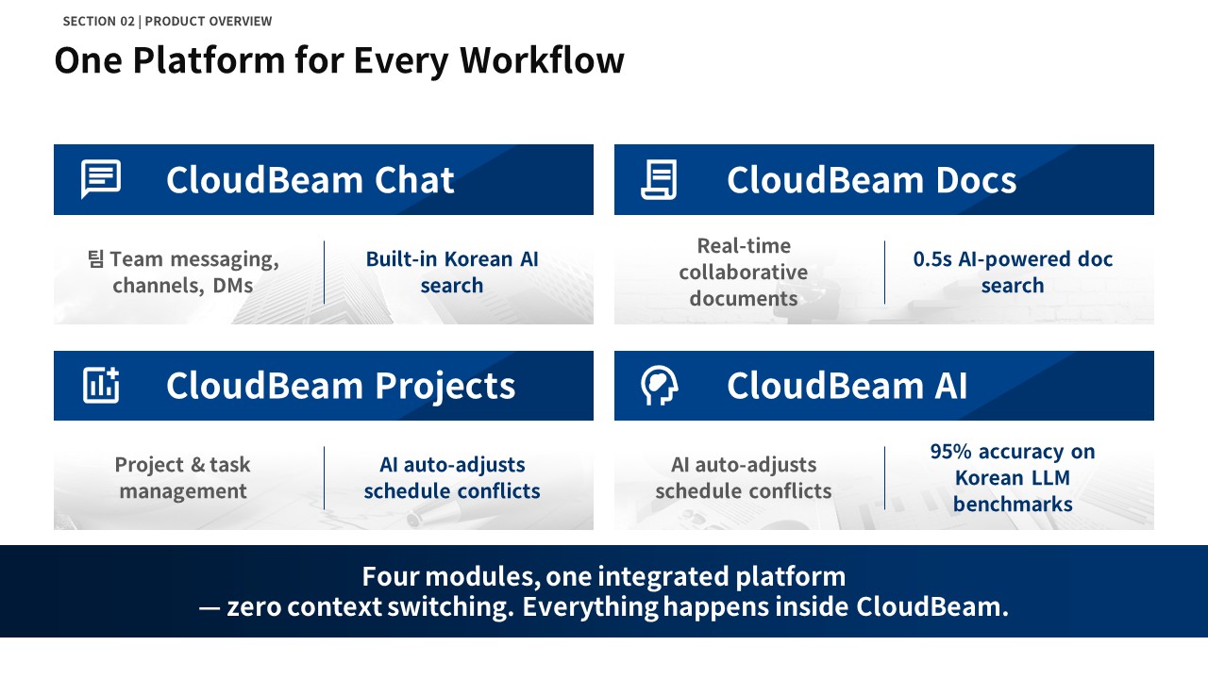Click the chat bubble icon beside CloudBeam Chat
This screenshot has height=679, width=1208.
tap(101, 179)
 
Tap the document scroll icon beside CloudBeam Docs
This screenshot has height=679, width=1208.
tap(659, 179)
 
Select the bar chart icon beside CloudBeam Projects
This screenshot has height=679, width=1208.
tap(101, 386)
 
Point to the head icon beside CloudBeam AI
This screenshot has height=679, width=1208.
tap(659, 386)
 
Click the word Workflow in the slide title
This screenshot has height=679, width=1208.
tap(542, 59)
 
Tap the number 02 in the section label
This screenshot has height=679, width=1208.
tap(127, 21)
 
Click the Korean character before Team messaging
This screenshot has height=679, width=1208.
tap(95, 258)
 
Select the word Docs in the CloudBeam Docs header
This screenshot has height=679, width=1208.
tap(976, 179)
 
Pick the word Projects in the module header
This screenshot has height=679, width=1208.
tap(445, 387)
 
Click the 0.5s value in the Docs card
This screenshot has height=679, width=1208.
tap(931, 259)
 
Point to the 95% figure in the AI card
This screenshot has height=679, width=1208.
tap(950, 452)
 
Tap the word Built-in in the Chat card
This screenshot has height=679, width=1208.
tap(401, 259)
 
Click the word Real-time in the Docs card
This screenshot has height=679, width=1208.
tap(744, 246)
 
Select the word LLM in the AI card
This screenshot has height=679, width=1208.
tap(1050, 478)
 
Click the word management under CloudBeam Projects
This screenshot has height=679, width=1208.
tap(183, 491)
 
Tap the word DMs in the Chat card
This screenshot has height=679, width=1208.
tap(232, 286)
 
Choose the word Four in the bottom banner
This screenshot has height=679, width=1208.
tap(390, 576)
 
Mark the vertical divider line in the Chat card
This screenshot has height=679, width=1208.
tap(324, 273)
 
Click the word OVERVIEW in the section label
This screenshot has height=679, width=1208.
tap(240, 21)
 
